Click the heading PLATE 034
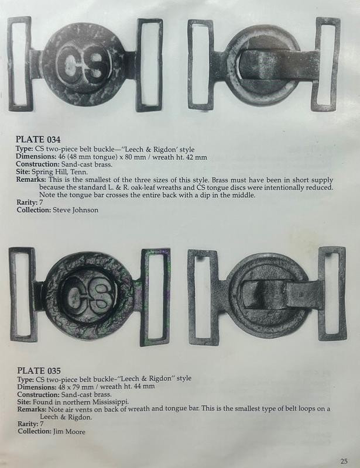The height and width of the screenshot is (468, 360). point(38,139)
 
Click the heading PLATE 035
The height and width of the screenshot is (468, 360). point(39,370)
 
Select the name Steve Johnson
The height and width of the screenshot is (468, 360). point(76,210)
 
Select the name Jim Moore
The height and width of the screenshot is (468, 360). point(69,431)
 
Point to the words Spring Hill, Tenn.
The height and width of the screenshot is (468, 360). point(60,172)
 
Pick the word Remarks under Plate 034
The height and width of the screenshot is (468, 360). point(31,180)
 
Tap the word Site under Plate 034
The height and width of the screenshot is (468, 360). point(23,172)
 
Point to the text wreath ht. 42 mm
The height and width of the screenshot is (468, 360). point(180,157)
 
